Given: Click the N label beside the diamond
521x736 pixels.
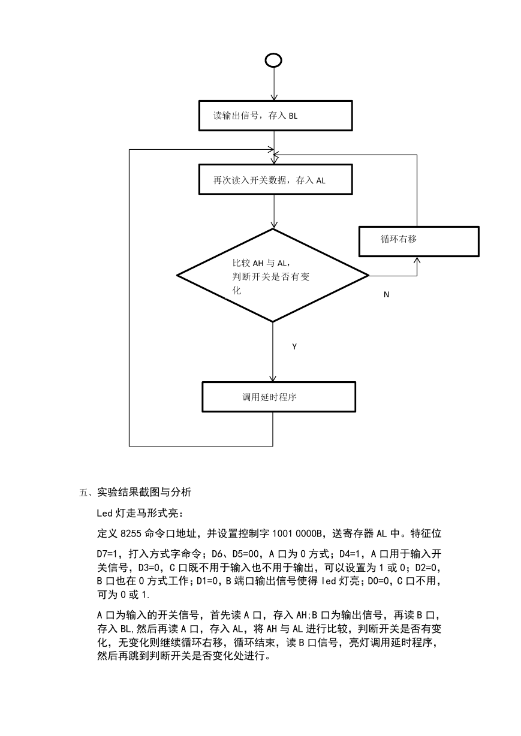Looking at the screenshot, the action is (x=386, y=295).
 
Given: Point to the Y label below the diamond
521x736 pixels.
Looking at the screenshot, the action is (x=294, y=346).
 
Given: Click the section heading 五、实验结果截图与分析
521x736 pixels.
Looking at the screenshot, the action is (x=135, y=492).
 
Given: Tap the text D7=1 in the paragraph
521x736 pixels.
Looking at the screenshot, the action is (x=107, y=554).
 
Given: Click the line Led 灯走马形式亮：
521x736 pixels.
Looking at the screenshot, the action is (x=140, y=513).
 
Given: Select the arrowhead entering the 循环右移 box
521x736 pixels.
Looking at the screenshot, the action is (x=417, y=261).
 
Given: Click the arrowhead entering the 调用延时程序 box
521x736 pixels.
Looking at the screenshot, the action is (x=273, y=378).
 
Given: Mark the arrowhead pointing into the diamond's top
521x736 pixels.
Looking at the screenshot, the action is (x=273, y=225).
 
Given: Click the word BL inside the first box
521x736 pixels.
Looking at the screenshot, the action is (x=293, y=116).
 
